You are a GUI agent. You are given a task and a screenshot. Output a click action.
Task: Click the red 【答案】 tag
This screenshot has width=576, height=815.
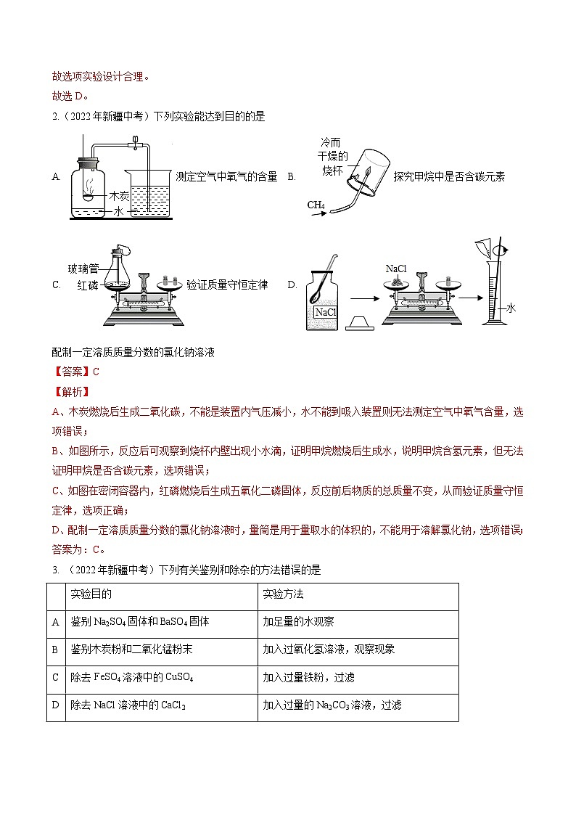(x=70, y=372)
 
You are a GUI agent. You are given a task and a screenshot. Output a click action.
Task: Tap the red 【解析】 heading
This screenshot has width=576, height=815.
(x=70, y=392)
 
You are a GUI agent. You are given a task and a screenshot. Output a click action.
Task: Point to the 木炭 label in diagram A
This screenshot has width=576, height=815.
(x=118, y=196)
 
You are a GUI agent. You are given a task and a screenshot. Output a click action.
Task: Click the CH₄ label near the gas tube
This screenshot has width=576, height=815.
(x=316, y=205)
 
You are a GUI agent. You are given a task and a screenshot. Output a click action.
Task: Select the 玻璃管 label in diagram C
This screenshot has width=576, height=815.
(x=83, y=269)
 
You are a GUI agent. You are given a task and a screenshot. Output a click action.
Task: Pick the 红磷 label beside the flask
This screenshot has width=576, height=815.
(x=87, y=285)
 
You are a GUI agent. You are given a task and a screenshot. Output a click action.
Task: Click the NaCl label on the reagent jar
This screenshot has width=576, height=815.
(x=325, y=312)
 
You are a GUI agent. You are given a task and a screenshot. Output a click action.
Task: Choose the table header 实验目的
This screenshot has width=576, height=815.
(x=91, y=594)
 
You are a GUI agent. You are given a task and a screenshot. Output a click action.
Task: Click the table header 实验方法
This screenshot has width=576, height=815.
(x=283, y=594)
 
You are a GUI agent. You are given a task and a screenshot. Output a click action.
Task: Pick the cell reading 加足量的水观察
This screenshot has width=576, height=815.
(x=298, y=622)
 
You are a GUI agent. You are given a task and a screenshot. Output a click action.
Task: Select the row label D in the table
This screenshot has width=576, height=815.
(x=56, y=705)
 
